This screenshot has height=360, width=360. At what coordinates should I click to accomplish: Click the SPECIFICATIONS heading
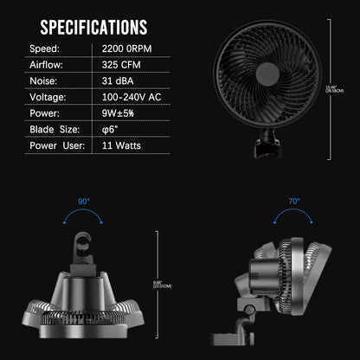[x=94, y=27]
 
